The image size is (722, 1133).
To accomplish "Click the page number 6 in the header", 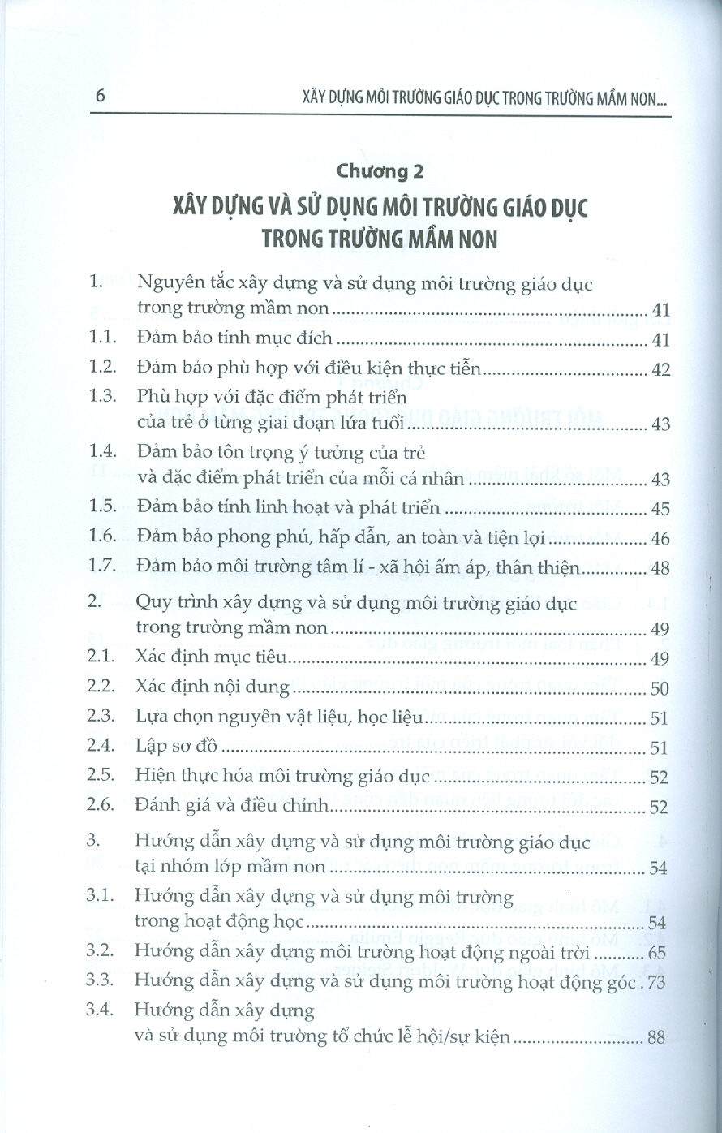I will (x=101, y=96).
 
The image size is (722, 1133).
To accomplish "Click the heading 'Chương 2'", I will (x=380, y=171).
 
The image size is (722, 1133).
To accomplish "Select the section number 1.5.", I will (x=103, y=507).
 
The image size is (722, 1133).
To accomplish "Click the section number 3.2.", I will (x=103, y=950).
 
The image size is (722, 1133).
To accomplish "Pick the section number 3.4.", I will (x=103, y=1010).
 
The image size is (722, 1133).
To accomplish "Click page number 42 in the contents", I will (x=660, y=370).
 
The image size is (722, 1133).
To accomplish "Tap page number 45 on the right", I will (x=660, y=509).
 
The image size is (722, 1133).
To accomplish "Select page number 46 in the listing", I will (x=660, y=538).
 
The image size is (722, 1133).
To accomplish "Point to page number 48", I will (x=660, y=568).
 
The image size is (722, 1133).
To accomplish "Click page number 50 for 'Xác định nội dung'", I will (x=660, y=688).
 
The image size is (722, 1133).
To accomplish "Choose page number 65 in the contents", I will (x=660, y=951).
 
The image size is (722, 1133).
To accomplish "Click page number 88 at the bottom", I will (x=656, y=1038).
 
